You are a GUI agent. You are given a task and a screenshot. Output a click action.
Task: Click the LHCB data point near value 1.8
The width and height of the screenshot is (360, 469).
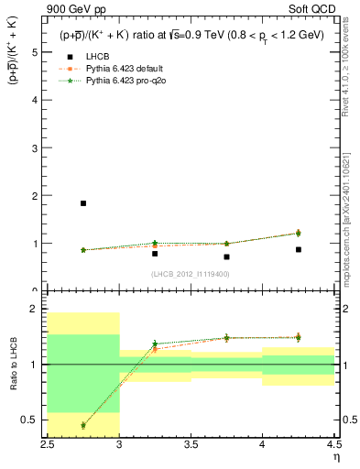pos(83,203)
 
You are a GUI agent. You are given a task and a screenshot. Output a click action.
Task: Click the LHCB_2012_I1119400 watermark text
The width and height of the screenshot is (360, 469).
pos(190,274)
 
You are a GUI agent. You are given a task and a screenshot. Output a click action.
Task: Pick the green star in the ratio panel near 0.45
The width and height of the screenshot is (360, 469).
pos(83,425)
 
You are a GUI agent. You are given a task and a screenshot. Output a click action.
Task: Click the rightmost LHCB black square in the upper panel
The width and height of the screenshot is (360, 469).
pos(298,249)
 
